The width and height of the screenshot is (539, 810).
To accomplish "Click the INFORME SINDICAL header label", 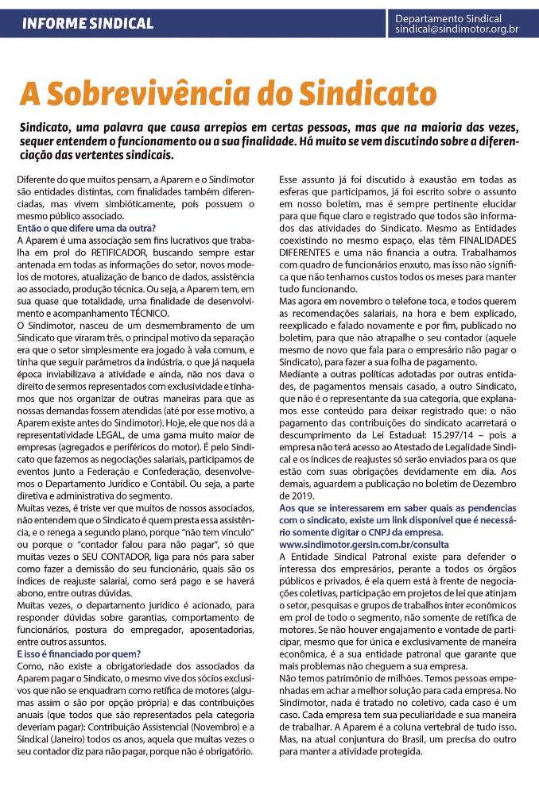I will (87, 23).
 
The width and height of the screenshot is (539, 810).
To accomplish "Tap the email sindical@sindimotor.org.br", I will (457, 29).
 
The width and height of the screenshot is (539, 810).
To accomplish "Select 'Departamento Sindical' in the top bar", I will (448, 17).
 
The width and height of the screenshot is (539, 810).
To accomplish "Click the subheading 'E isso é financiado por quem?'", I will (79, 653).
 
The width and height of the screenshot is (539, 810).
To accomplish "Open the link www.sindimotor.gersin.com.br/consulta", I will (364, 544).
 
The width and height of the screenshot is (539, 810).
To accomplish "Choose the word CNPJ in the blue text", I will (389, 532).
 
